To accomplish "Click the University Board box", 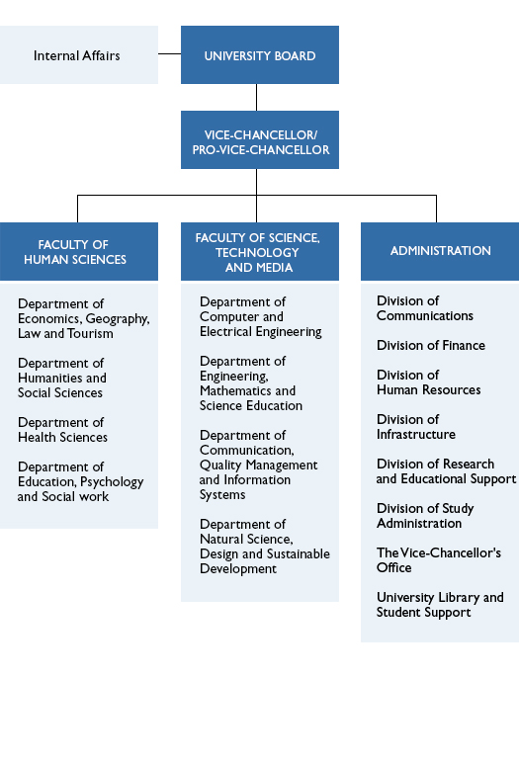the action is coord(259,55).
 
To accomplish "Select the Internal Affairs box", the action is coord(77,55).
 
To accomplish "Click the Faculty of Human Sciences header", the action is coord(78,252).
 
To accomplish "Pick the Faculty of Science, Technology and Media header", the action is coord(259,252).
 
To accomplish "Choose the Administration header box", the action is coord(440,251).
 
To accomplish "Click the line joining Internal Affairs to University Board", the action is coord(169,53).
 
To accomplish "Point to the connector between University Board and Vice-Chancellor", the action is coord(257,97).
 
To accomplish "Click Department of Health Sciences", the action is coord(63,430).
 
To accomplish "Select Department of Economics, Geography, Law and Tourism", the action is coord(83,318).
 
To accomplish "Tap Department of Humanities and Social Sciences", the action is coord(62,378).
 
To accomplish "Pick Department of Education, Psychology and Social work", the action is coord(80,481).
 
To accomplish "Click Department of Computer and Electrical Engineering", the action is coord(260,316).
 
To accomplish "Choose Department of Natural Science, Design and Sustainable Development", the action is coord(264,547).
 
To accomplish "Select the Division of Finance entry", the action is coord(430,345).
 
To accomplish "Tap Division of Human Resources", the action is coord(428,382).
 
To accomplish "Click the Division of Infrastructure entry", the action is coord(415,427).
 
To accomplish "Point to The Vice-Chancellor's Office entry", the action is coord(438,560).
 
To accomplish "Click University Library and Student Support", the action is coord(440,605).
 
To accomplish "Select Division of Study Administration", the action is coord(425,516).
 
